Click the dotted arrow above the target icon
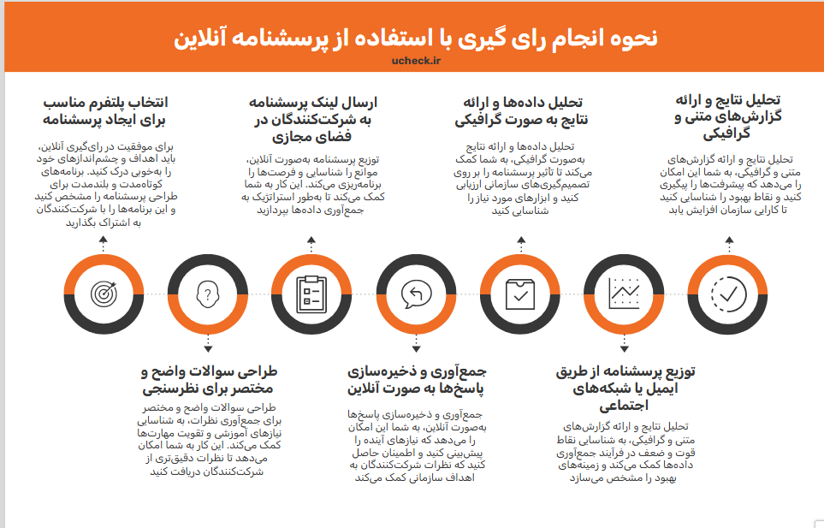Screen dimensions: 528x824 point(103,246)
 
